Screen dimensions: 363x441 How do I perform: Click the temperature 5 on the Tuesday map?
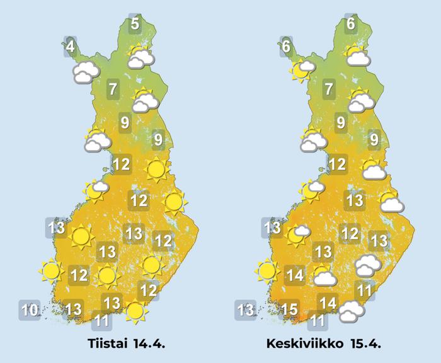(135, 25)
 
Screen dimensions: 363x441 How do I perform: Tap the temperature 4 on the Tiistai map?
(70, 47)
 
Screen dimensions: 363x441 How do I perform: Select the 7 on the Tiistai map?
(113, 89)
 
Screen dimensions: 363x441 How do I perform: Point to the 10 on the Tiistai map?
(29, 310)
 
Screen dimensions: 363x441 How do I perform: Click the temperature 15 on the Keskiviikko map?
(289, 309)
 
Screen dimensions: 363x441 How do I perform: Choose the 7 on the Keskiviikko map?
(328, 89)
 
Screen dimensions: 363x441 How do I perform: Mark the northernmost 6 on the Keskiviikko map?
(351, 25)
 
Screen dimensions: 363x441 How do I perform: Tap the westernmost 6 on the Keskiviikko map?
(286, 47)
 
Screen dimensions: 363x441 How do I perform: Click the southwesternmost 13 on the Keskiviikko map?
(245, 310)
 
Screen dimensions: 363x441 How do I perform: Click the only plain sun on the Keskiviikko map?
(267, 272)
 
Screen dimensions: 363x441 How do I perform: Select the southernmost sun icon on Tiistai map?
(134, 310)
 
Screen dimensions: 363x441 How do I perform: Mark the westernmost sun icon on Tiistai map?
(50, 272)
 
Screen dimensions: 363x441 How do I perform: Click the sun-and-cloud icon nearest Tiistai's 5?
(140, 57)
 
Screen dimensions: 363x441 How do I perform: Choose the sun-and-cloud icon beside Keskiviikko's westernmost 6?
(301, 70)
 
